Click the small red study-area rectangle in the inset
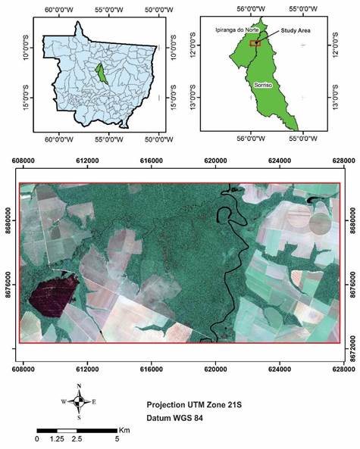click(x=255, y=44)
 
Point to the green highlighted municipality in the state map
click(x=99, y=76)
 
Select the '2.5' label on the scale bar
click(x=77, y=439)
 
